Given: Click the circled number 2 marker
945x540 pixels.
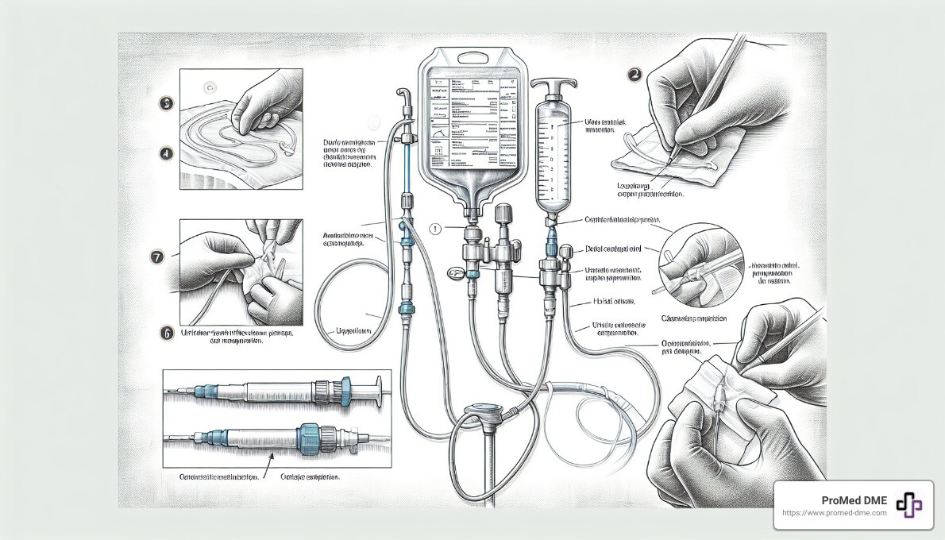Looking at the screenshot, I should click(x=634, y=75).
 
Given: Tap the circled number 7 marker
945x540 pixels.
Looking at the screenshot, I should click(x=157, y=256).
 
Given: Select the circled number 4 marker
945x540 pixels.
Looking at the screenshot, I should click(x=166, y=153).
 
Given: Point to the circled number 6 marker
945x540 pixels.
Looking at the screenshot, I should click(x=167, y=334).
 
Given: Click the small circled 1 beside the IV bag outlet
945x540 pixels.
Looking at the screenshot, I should click(x=434, y=229).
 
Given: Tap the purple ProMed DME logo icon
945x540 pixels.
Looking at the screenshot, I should click(x=908, y=505).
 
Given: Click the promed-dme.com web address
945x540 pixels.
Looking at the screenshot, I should click(x=835, y=514).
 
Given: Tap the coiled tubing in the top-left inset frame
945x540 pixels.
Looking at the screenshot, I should click(x=238, y=143).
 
